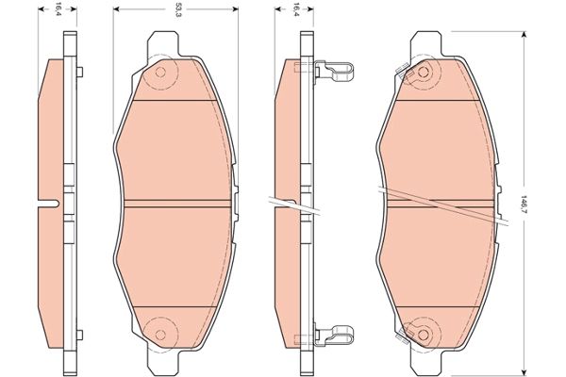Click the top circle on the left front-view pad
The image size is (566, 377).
pos(159,73)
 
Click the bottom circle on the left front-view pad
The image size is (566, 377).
pos(159,330)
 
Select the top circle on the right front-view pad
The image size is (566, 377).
pos(419,73)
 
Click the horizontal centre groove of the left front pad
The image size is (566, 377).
pos(177,203)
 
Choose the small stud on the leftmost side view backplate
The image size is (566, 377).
pos(81,73)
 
